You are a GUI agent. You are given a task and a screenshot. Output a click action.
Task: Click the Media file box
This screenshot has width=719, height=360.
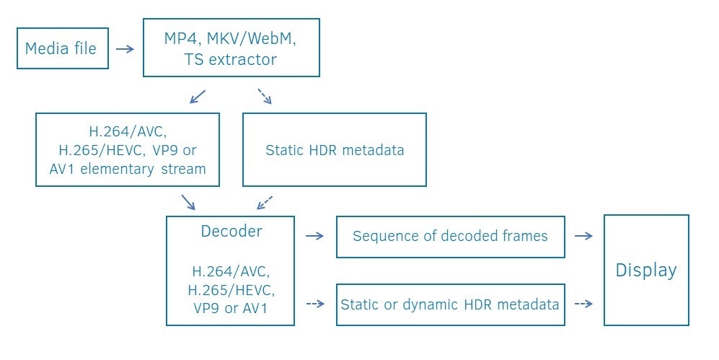pyautogui.click(x=62, y=49)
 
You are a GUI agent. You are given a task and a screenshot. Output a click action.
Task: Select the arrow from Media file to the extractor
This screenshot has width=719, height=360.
pyautogui.click(x=125, y=49)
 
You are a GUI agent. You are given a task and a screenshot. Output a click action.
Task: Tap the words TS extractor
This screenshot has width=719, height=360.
pyautogui.click(x=231, y=59)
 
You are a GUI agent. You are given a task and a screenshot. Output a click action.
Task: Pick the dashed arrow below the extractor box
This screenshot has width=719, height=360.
pyautogui.click(x=264, y=96)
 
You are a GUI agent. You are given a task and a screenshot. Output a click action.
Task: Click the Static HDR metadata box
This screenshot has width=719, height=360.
pyautogui.click(x=335, y=150)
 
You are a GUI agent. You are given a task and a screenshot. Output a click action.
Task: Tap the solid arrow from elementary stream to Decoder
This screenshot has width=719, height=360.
pyautogui.click(x=188, y=201)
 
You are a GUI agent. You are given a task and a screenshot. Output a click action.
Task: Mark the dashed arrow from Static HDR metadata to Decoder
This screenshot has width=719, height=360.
pyautogui.click(x=265, y=201)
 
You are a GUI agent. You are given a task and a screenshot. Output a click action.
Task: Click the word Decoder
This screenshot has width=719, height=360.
pyautogui.click(x=231, y=232)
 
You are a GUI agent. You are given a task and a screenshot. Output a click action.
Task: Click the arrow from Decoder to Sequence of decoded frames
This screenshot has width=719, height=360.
pyautogui.click(x=315, y=235)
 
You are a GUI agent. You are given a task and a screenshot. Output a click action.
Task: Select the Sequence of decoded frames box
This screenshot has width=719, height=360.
pyautogui.click(x=450, y=236)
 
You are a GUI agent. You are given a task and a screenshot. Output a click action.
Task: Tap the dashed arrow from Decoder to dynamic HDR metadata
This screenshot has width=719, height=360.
pyautogui.click(x=315, y=304)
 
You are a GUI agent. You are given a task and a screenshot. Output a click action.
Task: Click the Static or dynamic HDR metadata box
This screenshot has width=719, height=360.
pyautogui.click(x=450, y=304)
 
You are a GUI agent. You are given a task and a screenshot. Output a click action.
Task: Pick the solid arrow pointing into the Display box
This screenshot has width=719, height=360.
pyautogui.click(x=583, y=235)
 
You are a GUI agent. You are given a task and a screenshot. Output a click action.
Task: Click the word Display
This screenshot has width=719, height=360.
pyautogui.click(x=646, y=270)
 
